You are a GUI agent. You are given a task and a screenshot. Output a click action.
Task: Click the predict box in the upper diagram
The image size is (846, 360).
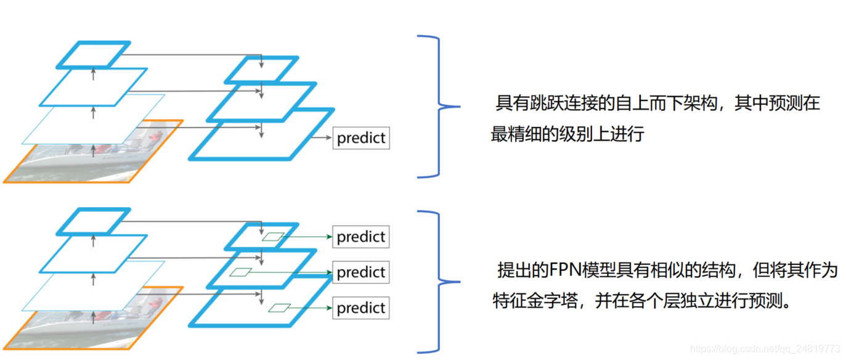(x=362, y=138)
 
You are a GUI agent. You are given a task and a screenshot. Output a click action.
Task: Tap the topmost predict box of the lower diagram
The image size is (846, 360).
(x=361, y=237)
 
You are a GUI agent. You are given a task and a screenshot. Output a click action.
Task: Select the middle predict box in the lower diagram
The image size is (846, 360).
(x=361, y=272)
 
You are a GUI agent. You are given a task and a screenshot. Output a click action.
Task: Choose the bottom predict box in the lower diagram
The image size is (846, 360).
(x=361, y=308)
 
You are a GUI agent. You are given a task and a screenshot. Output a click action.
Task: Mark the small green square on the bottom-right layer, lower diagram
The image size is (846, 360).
(x=280, y=308)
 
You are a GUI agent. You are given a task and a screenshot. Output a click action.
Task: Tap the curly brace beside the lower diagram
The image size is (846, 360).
(x=438, y=282)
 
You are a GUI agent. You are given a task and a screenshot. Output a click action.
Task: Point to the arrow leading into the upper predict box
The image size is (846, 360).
(x=322, y=138)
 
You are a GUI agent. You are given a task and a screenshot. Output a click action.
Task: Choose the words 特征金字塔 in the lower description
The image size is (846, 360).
(x=532, y=301)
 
